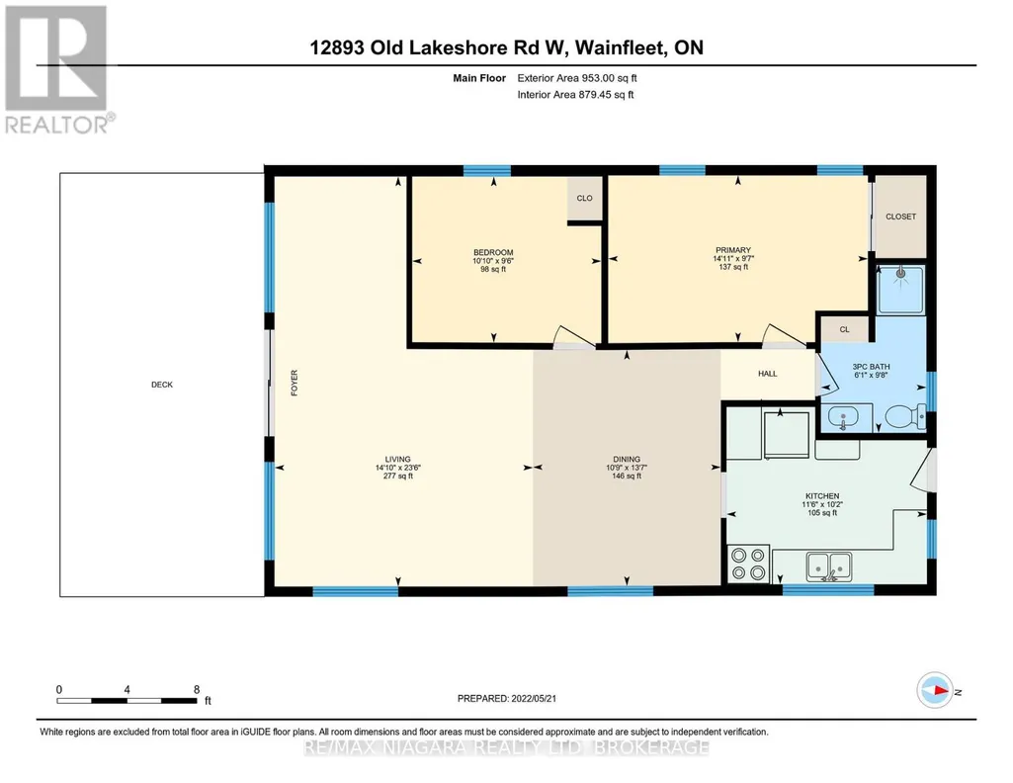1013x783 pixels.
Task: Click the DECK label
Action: [x=161, y=385]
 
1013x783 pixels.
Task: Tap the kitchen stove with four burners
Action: [x=748, y=564]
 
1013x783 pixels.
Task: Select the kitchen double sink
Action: [x=829, y=566]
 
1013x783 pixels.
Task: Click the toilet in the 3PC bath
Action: [x=905, y=416]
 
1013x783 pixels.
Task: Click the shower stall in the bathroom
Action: [x=900, y=289]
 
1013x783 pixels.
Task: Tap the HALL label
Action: [x=768, y=374]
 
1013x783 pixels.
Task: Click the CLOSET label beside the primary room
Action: [x=900, y=217]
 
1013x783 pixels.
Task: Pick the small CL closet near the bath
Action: [x=844, y=329]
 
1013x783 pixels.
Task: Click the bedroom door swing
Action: [x=573, y=336]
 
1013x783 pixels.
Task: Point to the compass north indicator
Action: [x=935, y=691]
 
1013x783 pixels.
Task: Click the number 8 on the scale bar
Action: [x=197, y=689]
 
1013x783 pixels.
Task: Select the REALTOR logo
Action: [x=58, y=70]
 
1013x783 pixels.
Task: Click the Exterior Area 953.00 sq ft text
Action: [x=577, y=78]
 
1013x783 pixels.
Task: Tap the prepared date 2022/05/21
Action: [x=534, y=698]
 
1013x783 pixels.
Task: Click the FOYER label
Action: [x=295, y=383]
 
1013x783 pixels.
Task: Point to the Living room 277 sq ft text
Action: [x=398, y=477]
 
